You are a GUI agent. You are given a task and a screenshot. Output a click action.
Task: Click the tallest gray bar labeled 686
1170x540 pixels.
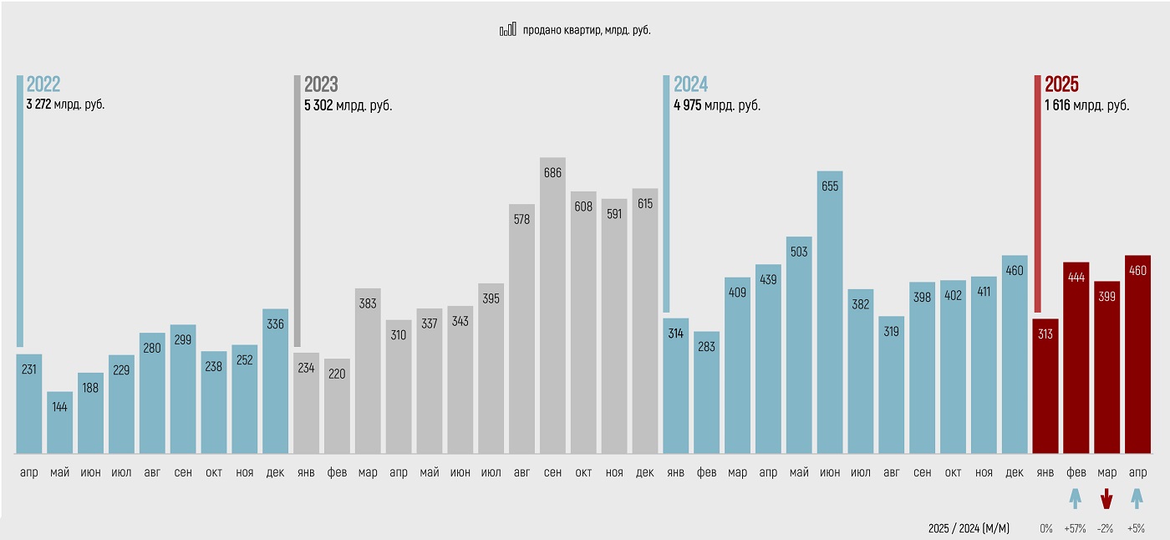[x=552, y=305]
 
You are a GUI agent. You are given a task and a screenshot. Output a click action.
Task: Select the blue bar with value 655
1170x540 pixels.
[x=830, y=313]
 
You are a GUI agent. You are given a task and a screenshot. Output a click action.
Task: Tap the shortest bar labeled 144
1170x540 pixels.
[x=59, y=422]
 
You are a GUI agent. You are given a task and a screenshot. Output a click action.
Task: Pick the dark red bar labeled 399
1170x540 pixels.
[x=1106, y=367]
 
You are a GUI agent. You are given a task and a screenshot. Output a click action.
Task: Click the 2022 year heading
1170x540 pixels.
[x=43, y=84]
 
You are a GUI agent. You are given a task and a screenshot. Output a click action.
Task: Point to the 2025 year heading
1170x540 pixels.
[x=1061, y=84]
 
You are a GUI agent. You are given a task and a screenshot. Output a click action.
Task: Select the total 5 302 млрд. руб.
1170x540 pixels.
[x=348, y=106]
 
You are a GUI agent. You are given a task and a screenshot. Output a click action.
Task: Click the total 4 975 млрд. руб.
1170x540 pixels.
[x=717, y=106]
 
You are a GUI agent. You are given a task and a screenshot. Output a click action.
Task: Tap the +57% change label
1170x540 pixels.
[x=1076, y=528]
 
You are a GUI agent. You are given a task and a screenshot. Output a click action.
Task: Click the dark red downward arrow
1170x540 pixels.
[x=1106, y=500]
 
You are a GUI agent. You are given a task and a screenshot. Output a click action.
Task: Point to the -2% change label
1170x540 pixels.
[x=1106, y=528]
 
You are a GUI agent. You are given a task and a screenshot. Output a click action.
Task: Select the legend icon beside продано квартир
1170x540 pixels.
[x=508, y=30]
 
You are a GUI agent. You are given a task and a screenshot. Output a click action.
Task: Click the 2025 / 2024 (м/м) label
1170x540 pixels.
[x=969, y=528]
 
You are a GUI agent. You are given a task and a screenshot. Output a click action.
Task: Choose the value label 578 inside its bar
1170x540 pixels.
[x=521, y=219]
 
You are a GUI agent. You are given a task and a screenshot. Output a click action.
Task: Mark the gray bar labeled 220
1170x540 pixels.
[x=337, y=406]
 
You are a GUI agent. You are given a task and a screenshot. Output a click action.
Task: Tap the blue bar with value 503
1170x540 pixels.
[x=799, y=345]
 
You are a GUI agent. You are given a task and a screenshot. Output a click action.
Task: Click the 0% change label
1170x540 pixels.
[x=1045, y=528]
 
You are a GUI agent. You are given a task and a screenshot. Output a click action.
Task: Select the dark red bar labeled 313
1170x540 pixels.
[x=1045, y=386]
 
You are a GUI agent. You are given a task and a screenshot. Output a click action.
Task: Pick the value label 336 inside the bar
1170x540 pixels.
[x=275, y=323]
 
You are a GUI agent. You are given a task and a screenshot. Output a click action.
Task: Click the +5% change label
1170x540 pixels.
[x=1137, y=528]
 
